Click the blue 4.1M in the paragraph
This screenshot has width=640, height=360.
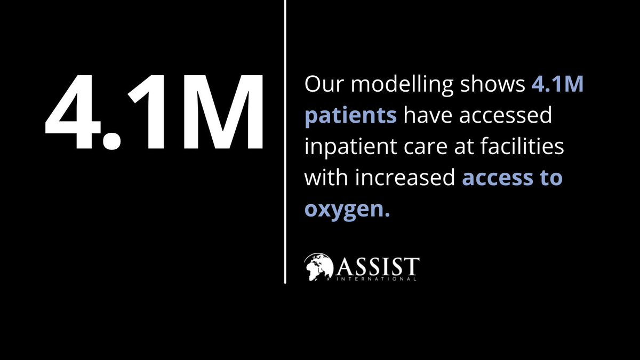pyautogui.click(x=558, y=86)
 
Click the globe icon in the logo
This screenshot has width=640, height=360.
pyautogui.click(x=319, y=267)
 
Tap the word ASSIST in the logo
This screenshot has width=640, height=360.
pyautogui.click(x=379, y=264)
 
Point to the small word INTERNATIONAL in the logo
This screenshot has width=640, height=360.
pyautogui.click(x=379, y=278)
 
